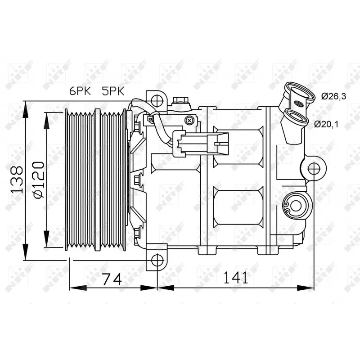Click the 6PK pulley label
coord(80,91)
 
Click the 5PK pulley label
coord(113,91)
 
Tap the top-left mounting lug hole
coord(156,99)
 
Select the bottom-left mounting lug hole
coord(156,260)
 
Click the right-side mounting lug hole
coord(313,169)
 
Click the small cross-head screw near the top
coord(190,120)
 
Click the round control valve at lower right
coord(295,206)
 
